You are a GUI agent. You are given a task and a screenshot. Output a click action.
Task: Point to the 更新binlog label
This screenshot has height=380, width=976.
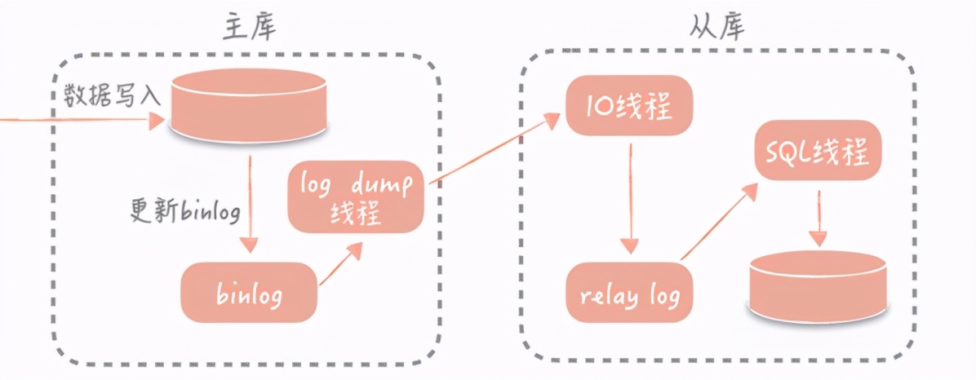tap(185, 211)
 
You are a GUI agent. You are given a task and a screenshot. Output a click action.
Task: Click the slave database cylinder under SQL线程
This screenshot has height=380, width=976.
tap(818, 285)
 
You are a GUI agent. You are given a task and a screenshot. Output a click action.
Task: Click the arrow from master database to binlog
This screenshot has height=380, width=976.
tap(250, 204)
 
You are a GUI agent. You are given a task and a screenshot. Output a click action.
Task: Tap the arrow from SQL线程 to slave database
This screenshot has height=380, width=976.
tap(818, 218)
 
